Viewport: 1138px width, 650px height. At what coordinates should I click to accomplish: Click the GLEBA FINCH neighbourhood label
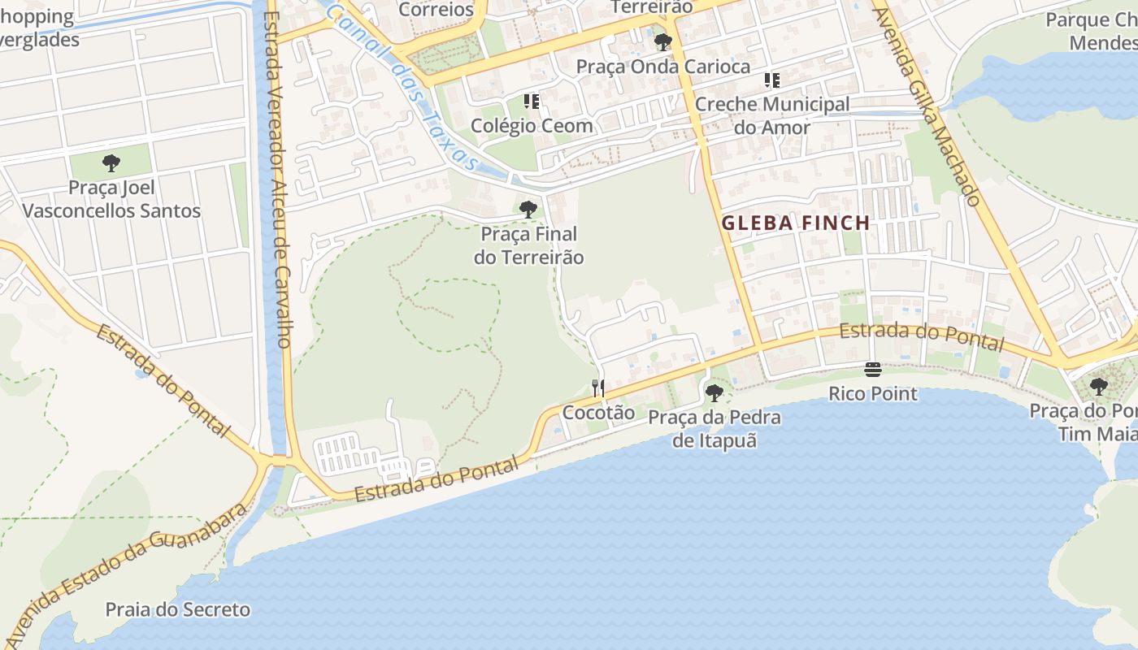(796, 223)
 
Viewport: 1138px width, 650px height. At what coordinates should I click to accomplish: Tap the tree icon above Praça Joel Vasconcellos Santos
(111, 163)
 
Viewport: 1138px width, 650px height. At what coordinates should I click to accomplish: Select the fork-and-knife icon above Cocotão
(598, 388)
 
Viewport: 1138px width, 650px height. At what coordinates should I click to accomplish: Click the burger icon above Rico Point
(873, 370)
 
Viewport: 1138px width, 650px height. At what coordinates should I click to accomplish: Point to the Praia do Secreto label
(178, 609)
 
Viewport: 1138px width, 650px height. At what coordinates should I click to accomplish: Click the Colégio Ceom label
(532, 126)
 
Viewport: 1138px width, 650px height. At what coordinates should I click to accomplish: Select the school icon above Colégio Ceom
(532, 102)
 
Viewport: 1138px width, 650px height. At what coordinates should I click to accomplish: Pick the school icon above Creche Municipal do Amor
(771, 80)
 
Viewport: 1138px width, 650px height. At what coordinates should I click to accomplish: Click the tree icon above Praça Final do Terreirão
(528, 209)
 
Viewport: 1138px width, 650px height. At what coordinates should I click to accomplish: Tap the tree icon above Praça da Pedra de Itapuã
(715, 393)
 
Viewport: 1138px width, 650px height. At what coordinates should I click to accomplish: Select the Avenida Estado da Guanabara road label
(130, 569)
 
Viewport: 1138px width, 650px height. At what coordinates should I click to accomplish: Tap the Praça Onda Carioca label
(663, 67)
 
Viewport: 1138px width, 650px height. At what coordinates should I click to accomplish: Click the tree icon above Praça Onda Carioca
(662, 41)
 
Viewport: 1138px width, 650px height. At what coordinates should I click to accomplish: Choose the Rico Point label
(873, 394)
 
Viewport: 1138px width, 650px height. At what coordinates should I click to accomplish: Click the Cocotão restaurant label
(599, 413)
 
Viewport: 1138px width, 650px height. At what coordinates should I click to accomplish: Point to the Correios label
(437, 10)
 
